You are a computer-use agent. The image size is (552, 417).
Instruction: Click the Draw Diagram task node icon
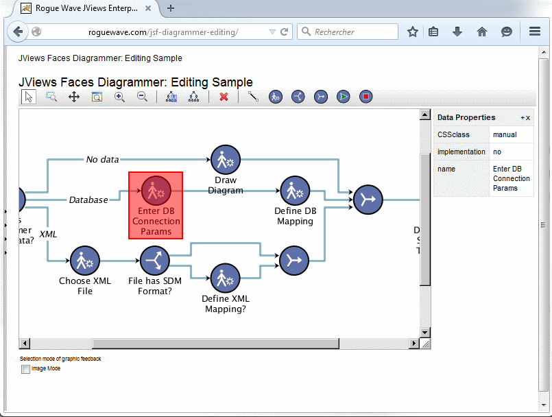click(x=224, y=160)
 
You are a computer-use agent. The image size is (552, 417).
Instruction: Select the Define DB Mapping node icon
click(x=295, y=191)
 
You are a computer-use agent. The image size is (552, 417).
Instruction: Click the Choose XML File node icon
click(x=85, y=261)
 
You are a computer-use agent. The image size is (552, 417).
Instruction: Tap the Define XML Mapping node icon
click(x=224, y=278)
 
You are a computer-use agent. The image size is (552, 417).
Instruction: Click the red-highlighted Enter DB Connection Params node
click(x=156, y=205)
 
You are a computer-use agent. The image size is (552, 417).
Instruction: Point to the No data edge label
click(x=102, y=160)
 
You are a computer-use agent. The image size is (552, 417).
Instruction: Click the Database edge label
click(x=88, y=200)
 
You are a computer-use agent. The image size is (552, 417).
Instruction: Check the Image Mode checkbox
click(x=26, y=369)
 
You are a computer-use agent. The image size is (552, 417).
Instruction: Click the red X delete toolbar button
click(x=224, y=97)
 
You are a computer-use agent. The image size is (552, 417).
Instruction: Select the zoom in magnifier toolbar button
click(x=119, y=97)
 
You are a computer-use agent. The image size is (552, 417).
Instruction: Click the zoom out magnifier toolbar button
click(x=142, y=97)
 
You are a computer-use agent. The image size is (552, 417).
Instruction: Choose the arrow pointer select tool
click(x=29, y=97)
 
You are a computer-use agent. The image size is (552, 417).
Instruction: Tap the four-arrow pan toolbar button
click(x=74, y=97)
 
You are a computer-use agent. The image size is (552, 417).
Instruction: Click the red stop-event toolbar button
click(x=366, y=97)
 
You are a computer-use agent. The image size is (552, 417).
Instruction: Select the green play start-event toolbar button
click(x=344, y=97)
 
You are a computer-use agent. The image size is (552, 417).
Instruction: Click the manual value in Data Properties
click(x=505, y=135)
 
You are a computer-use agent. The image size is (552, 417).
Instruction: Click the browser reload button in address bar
click(x=284, y=32)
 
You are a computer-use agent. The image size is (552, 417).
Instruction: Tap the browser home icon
click(x=482, y=32)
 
